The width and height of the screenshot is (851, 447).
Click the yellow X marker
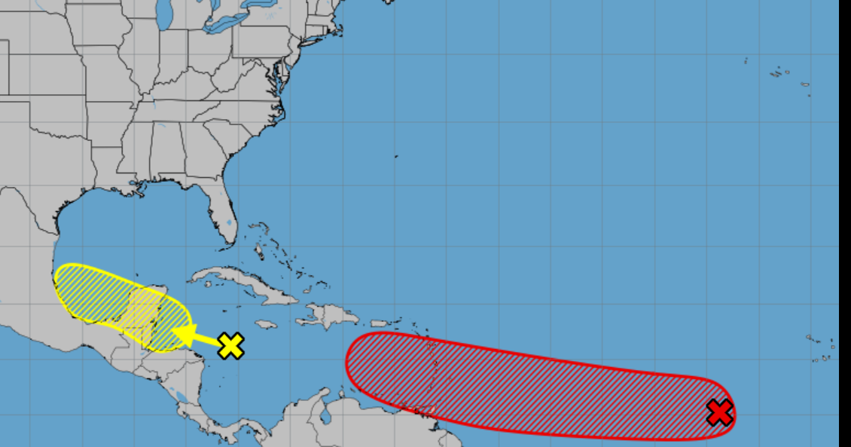(232, 346)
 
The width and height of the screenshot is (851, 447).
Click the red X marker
(720, 412)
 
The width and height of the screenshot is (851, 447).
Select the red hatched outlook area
(527, 384)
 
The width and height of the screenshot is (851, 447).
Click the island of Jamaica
(264, 324)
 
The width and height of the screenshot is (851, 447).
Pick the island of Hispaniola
(328, 315)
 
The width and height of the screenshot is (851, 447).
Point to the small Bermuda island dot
(396, 157)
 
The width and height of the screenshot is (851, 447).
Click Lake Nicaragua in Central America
(175, 395)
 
